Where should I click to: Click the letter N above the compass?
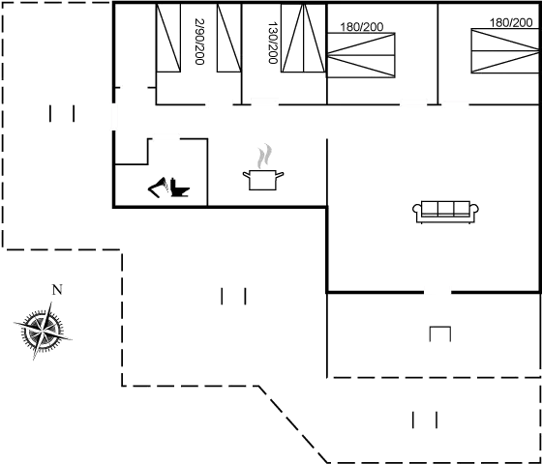point(57,290)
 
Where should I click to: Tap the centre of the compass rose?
point(43,331)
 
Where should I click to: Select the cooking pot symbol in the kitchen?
point(263,180)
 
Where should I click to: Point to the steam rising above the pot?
point(264,156)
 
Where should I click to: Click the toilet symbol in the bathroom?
point(180,188)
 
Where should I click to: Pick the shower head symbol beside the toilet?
point(158,188)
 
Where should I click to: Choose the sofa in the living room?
point(445,212)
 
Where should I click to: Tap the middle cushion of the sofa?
point(445,209)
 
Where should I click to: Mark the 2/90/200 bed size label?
point(199,42)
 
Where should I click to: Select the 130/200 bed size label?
point(273,43)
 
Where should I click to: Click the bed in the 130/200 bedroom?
point(303,38)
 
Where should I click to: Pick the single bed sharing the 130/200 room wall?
point(228,38)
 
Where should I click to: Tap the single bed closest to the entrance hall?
point(168,38)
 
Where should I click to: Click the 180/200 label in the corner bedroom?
point(511,23)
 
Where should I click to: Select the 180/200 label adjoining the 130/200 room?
point(362,27)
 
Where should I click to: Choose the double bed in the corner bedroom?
point(505,50)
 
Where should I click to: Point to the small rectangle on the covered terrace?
point(440,333)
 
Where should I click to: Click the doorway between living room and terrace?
point(437,292)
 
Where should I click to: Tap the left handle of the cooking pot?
point(246,175)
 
